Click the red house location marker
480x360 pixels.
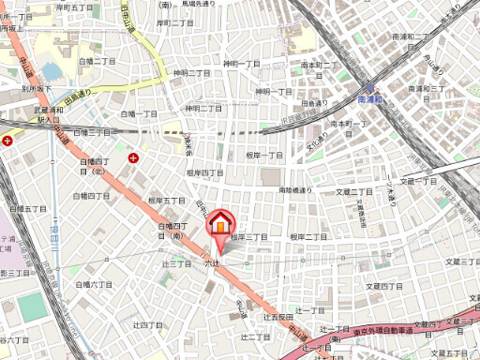[x=219, y=224]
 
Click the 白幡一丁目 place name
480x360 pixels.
[x=141, y=113]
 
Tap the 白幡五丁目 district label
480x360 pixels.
[x=27, y=208]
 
